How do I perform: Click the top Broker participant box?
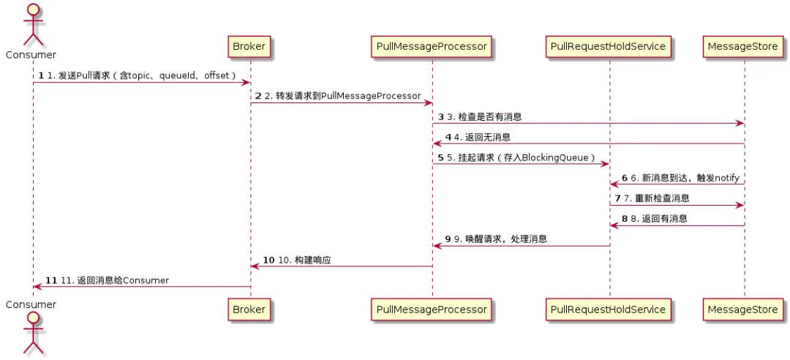point(249,47)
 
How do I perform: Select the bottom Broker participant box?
point(249,310)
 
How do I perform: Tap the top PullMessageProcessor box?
point(432,47)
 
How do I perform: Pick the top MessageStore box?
point(742,47)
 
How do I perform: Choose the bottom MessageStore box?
point(742,310)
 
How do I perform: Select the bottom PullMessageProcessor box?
point(432,310)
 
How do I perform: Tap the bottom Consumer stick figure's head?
point(31,319)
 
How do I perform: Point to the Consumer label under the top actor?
point(31,55)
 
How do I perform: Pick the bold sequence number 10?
point(268,260)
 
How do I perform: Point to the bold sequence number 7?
point(617,198)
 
